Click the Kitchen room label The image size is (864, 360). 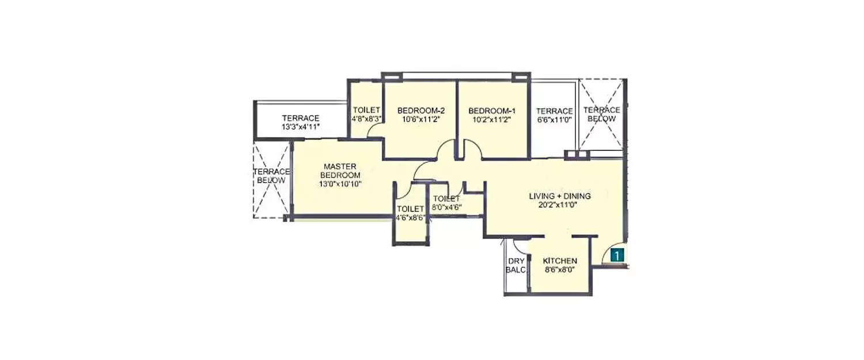(x=559, y=261)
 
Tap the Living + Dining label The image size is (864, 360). (x=560, y=196)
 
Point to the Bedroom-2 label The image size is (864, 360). (x=420, y=111)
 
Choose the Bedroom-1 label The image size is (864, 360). (x=491, y=111)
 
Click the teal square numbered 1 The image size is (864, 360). (x=617, y=255)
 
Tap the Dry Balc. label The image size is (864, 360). (x=516, y=265)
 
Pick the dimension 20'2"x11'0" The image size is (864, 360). (x=560, y=205)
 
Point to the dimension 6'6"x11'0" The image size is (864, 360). (x=554, y=120)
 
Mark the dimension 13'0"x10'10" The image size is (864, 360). (x=340, y=184)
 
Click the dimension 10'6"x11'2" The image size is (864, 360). (x=420, y=119)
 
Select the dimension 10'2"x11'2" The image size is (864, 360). (x=491, y=119)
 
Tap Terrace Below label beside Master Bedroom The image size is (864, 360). (x=271, y=176)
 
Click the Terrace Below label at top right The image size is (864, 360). (x=601, y=114)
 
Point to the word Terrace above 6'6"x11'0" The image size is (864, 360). (x=554, y=111)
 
